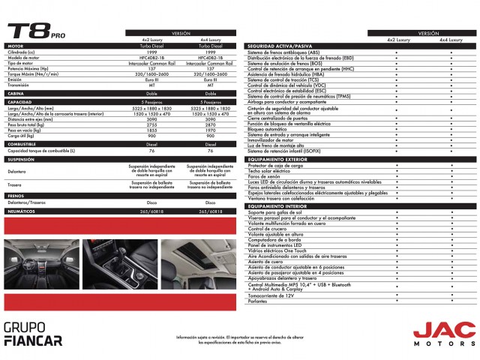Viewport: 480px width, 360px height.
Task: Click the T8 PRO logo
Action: (37, 32)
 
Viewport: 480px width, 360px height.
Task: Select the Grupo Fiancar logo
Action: (33, 334)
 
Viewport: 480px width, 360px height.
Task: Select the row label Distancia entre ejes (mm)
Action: (30, 119)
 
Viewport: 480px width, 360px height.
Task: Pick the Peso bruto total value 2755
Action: (151, 124)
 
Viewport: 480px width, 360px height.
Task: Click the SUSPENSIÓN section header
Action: (22, 160)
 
